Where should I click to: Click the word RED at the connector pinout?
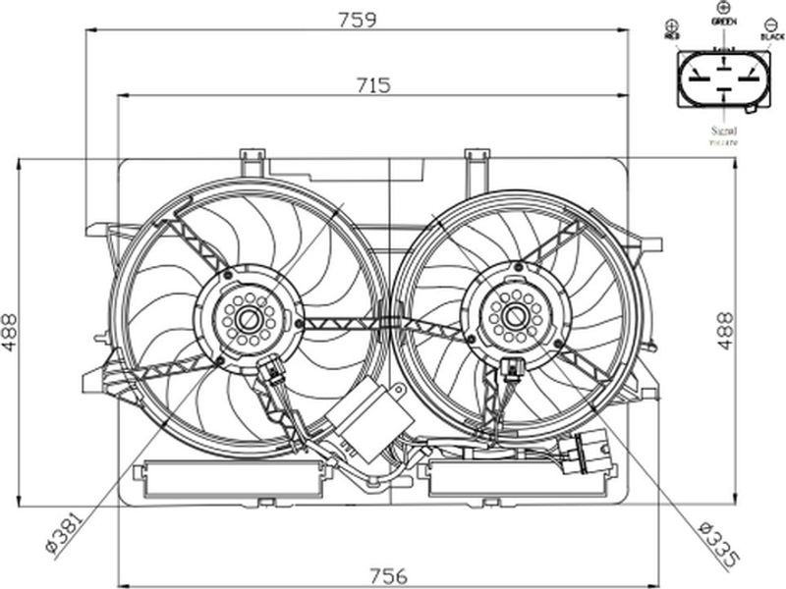pyautogui.click(x=672, y=36)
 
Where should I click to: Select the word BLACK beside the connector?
pyautogui.click(x=772, y=36)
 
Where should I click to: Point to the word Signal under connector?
pyautogui.click(x=724, y=130)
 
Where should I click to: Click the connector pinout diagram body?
pyautogui.click(x=723, y=81)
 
